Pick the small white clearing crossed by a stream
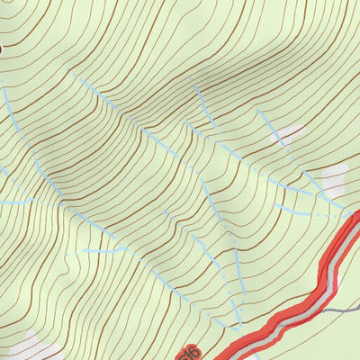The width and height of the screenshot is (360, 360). click(x=288, y=136)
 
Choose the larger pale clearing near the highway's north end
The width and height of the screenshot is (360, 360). click(x=334, y=179)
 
